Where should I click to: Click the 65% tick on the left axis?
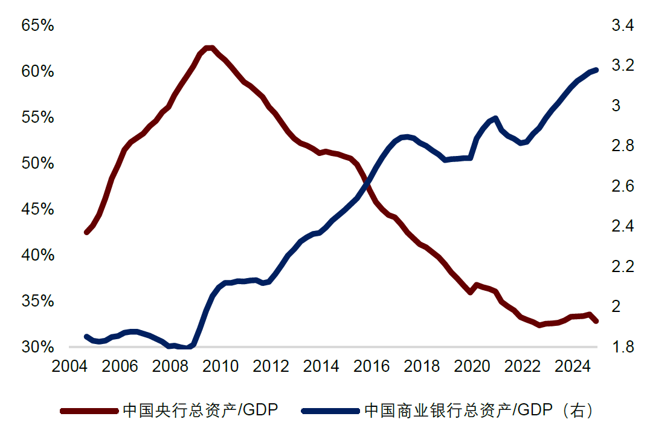coord(37,25)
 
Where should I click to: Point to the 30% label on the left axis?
coord(37,347)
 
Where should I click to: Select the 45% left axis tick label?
coord(37,209)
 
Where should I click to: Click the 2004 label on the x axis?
coord(69,366)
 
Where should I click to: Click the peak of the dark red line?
coord(208,48)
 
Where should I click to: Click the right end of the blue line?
coord(596,70)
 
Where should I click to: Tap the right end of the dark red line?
coord(596,320)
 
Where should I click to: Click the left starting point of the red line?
coord(86,232)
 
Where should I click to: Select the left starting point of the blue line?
coord(86,337)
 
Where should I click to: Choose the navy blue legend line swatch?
coord(330,411)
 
